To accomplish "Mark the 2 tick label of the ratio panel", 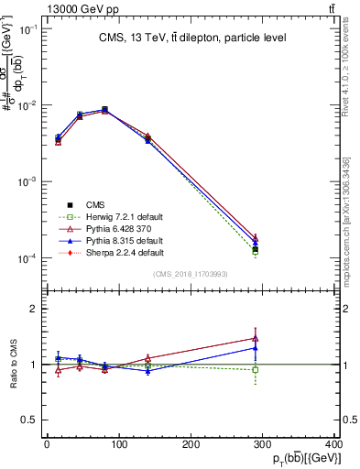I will click(32, 310).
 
